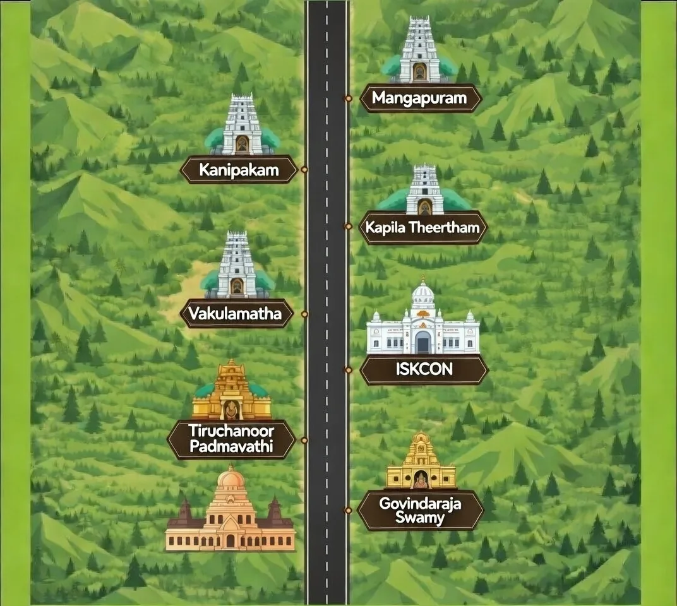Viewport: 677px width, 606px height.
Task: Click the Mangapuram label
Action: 421,98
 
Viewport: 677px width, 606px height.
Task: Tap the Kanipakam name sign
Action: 239,169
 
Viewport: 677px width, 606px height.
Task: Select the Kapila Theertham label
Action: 423,227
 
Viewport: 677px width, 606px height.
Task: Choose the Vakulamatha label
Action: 236,314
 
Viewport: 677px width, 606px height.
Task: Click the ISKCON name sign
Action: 424,369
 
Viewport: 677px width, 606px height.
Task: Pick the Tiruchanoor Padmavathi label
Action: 231,439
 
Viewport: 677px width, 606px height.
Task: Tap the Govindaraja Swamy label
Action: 420,511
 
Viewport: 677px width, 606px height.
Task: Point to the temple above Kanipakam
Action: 242,126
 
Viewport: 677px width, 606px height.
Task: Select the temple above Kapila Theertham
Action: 424,191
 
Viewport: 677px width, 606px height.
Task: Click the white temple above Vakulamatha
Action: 236,266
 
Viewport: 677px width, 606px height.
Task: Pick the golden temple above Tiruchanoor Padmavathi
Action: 232,393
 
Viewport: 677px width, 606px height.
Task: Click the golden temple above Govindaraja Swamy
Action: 421,463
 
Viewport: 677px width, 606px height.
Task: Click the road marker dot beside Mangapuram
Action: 348,98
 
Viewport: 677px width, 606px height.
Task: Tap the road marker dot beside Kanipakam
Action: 304,169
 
